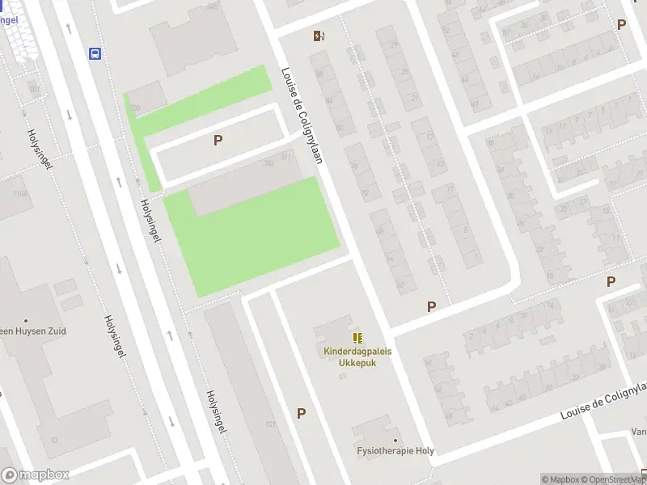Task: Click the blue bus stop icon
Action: [95, 54]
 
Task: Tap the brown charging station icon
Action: [319, 35]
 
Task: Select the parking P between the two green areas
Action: [218, 140]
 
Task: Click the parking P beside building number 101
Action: [301, 413]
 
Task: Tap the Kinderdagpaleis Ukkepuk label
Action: [355, 356]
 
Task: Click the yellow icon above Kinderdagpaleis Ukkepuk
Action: [356, 338]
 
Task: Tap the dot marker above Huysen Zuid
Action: [26, 320]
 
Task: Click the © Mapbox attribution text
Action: [560, 479]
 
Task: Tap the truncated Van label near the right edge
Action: [638, 432]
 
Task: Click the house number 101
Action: [270, 424]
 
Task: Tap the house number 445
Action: [213, 6]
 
